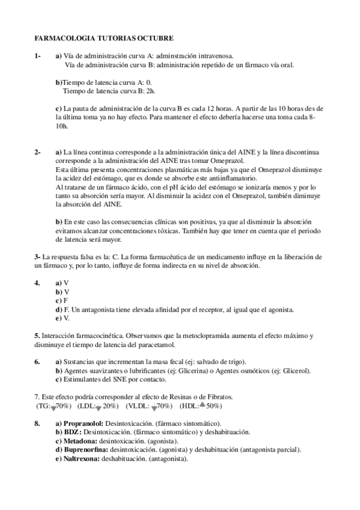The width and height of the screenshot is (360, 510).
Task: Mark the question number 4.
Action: click(x=37, y=282)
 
